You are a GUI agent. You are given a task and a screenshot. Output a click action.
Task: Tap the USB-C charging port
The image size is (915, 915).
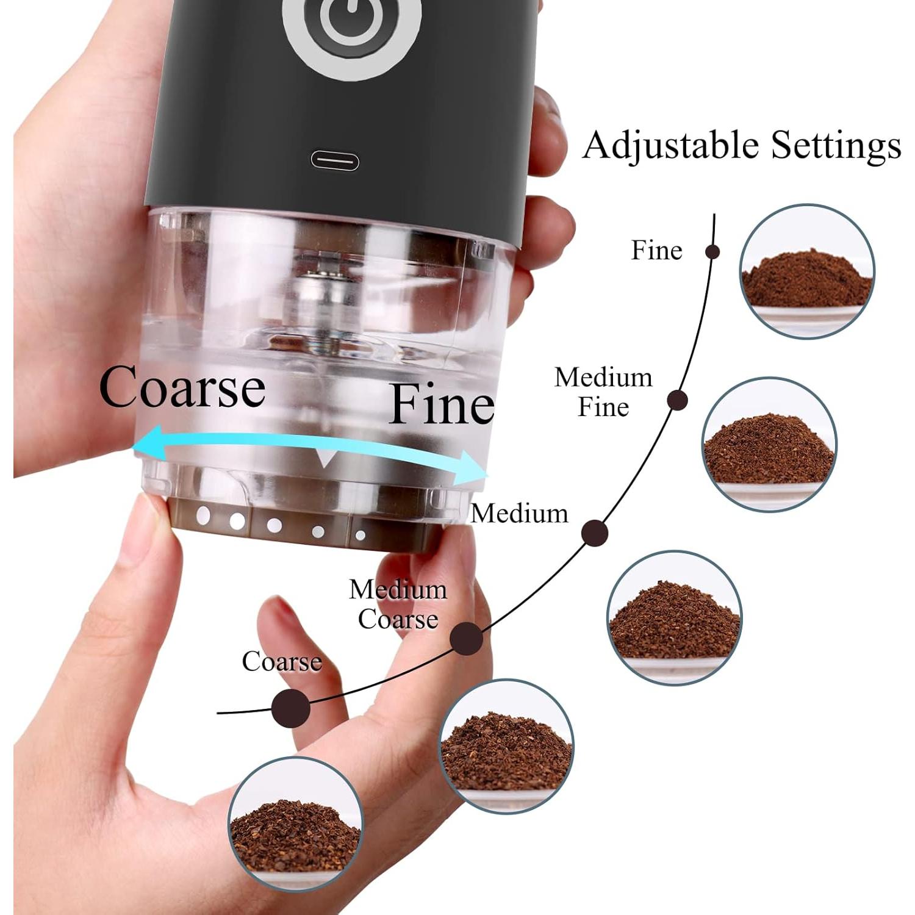coord(335,161)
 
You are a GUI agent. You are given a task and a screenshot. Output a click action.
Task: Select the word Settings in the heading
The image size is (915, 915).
coord(836,146)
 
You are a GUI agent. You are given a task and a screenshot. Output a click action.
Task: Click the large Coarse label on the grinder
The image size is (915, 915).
coord(182,389)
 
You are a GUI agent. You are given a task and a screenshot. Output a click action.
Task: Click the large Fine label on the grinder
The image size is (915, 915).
coord(442,404)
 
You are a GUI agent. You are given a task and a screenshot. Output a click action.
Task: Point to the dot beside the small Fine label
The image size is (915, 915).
coord(712,251)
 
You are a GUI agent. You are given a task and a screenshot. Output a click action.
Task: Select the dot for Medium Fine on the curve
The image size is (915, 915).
coord(677,401)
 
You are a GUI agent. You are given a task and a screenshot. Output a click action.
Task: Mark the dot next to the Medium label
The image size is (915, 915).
coord(595,533)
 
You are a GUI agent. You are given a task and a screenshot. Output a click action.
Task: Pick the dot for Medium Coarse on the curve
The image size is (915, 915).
coord(467,639)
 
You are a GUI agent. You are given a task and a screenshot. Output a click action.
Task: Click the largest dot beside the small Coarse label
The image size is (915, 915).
coord(290,708)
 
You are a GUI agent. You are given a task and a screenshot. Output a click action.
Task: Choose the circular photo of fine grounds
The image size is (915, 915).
coord(807,270)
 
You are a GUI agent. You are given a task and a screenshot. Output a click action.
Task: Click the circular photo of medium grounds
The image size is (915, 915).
coord(675,617)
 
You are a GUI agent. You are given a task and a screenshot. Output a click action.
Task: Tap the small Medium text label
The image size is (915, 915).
coord(519,513)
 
